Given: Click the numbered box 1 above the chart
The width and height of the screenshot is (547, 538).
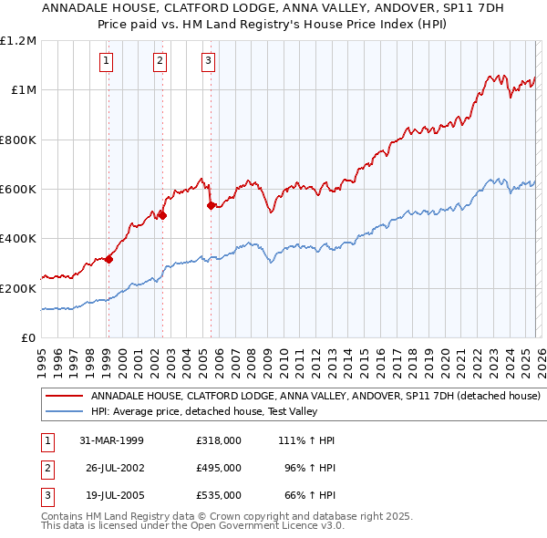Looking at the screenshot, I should tap(108, 61).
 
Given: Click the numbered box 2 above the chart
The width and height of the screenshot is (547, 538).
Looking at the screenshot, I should tap(160, 61).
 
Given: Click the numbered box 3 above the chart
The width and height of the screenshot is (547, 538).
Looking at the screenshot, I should tap(208, 61).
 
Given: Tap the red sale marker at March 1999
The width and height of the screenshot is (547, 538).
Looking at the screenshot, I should tap(108, 259).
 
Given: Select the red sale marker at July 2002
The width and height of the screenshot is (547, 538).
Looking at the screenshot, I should tap(162, 215).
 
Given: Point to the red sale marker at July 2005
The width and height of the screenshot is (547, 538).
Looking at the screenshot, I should tap(211, 205).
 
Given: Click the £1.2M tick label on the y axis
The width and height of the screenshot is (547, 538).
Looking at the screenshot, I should tap(18, 41).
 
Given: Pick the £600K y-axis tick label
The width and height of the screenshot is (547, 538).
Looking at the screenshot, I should tap(18, 190).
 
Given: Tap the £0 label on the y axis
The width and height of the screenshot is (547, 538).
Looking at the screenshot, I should tap(27, 337).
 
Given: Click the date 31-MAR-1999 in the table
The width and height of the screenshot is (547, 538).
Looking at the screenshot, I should tap(111, 440).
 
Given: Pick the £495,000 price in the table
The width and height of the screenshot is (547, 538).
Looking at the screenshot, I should tap(218, 468).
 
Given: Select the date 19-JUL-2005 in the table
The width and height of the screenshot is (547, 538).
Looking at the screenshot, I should tap(111, 495).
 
